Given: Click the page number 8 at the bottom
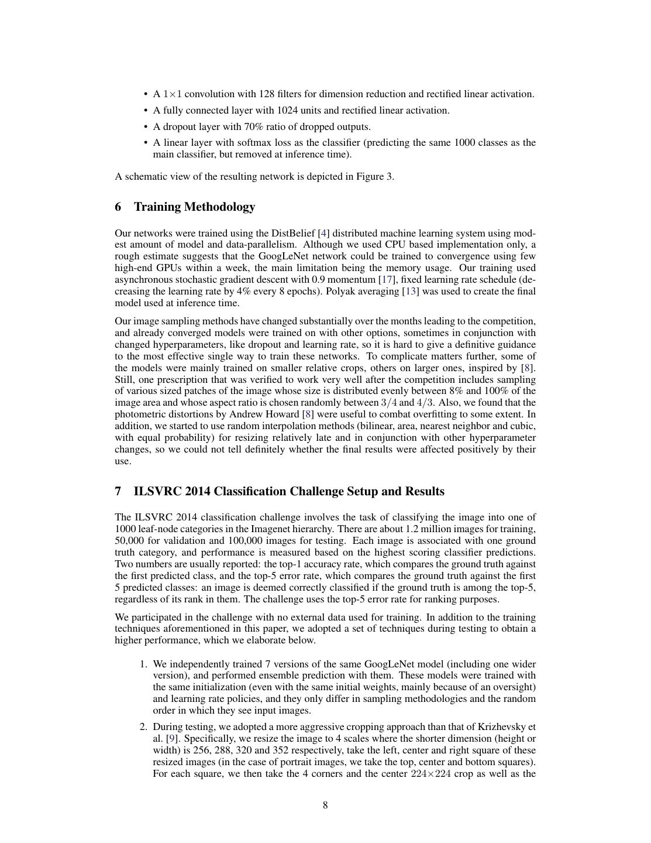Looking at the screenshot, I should click(x=325, y=805).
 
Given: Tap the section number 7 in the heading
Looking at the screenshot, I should click(x=118, y=491).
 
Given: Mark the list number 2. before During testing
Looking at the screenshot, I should click(x=143, y=727).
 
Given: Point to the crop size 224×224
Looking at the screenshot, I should click(x=430, y=774).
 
